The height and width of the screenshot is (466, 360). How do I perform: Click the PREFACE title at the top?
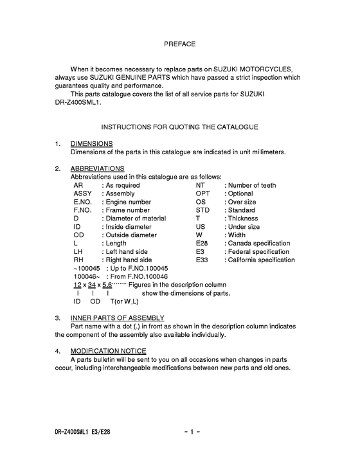pos(179,44)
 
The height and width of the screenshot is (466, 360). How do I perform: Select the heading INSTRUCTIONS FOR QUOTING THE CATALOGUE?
pos(179,127)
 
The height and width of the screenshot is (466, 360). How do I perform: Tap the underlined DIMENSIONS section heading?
pos(91,144)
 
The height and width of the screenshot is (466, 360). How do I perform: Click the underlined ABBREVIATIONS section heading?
pos(97,169)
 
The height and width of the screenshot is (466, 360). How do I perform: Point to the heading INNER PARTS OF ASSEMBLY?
pos(117,318)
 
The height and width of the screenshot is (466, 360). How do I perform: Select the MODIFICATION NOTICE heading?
pos(108,351)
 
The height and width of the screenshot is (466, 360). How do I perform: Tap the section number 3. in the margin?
pos(58,318)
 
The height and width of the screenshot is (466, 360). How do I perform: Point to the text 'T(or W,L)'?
pos(125,301)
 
